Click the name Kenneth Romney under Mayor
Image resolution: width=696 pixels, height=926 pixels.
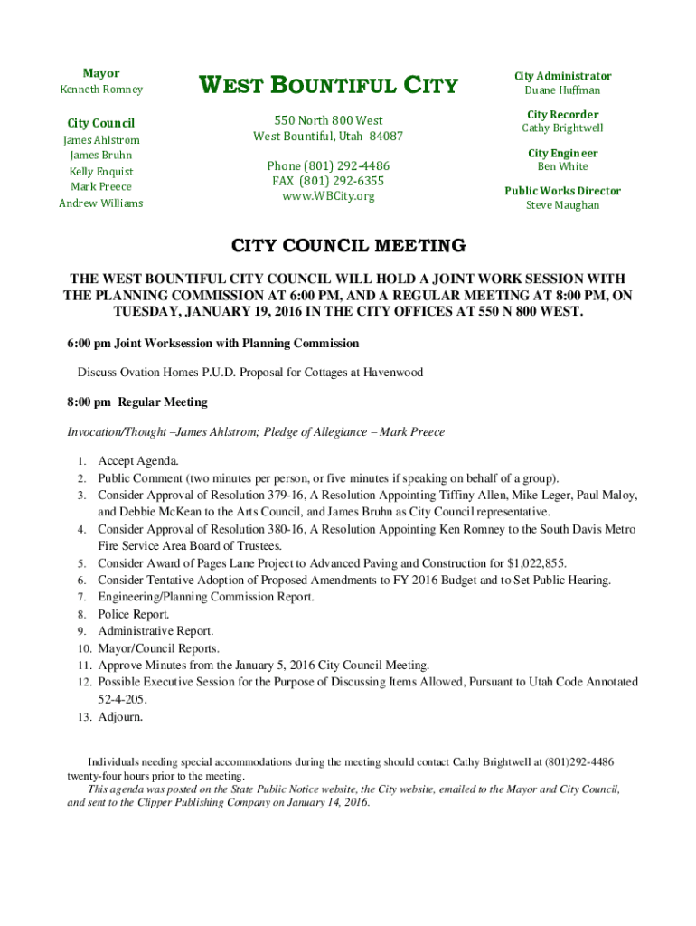pyautogui.click(x=101, y=90)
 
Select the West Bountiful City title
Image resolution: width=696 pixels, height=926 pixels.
pyautogui.click(x=328, y=87)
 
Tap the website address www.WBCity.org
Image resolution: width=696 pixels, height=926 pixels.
pyautogui.click(x=328, y=195)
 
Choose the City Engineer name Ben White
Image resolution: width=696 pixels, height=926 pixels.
pyautogui.click(x=562, y=166)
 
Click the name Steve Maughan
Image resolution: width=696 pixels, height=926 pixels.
pyautogui.click(x=562, y=205)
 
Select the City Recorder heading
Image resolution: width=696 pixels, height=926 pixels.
pyautogui.click(x=562, y=115)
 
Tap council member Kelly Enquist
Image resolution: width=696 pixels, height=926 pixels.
pyautogui.click(x=101, y=172)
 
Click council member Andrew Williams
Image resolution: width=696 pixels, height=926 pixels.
pyautogui.click(x=101, y=203)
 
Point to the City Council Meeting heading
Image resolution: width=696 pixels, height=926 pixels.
pyautogui.click(x=349, y=246)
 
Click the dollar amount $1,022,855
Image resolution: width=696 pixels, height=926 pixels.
pyautogui.click(x=537, y=562)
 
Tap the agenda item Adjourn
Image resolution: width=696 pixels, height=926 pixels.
pyautogui.click(x=120, y=717)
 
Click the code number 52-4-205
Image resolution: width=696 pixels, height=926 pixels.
pyautogui.click(x=122, y=699)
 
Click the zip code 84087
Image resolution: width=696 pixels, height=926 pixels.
pyautogui.click(x=385, y=137)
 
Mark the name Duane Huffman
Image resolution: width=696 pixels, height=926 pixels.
pyautogui.click(x=562, y=90)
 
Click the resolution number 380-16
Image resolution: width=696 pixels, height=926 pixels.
pyautogui.click(x=273, y=529)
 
